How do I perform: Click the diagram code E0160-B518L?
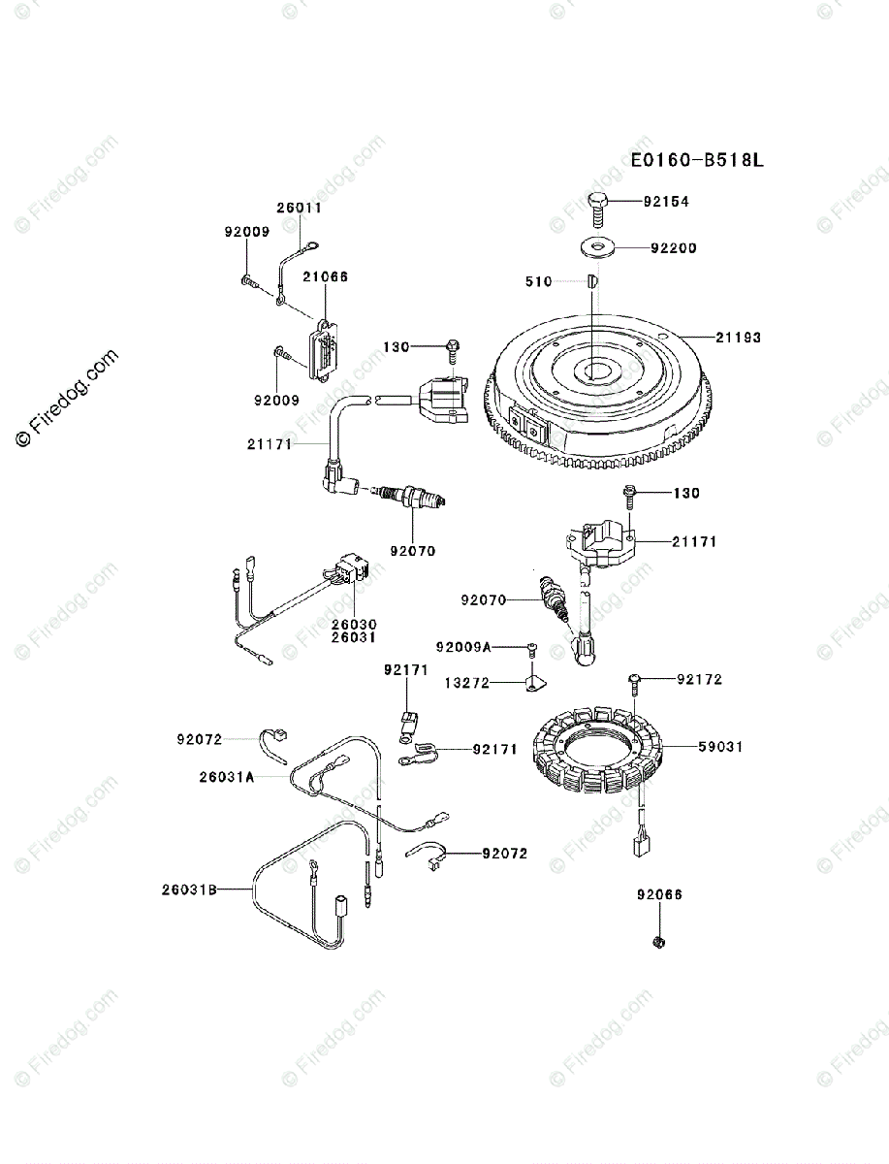[x=697, y=161]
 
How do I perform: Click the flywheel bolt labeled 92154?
[x=598, y=206]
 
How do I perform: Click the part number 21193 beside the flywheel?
[x=739, y=338]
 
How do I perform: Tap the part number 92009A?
[x=463, y=646]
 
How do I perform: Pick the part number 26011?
[x=299, y=208]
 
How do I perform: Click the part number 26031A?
[x=227, y=776]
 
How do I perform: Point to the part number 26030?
[x=354, y=624]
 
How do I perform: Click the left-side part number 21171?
[x=270, y=443]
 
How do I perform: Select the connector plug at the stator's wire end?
[x=642, y=847]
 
